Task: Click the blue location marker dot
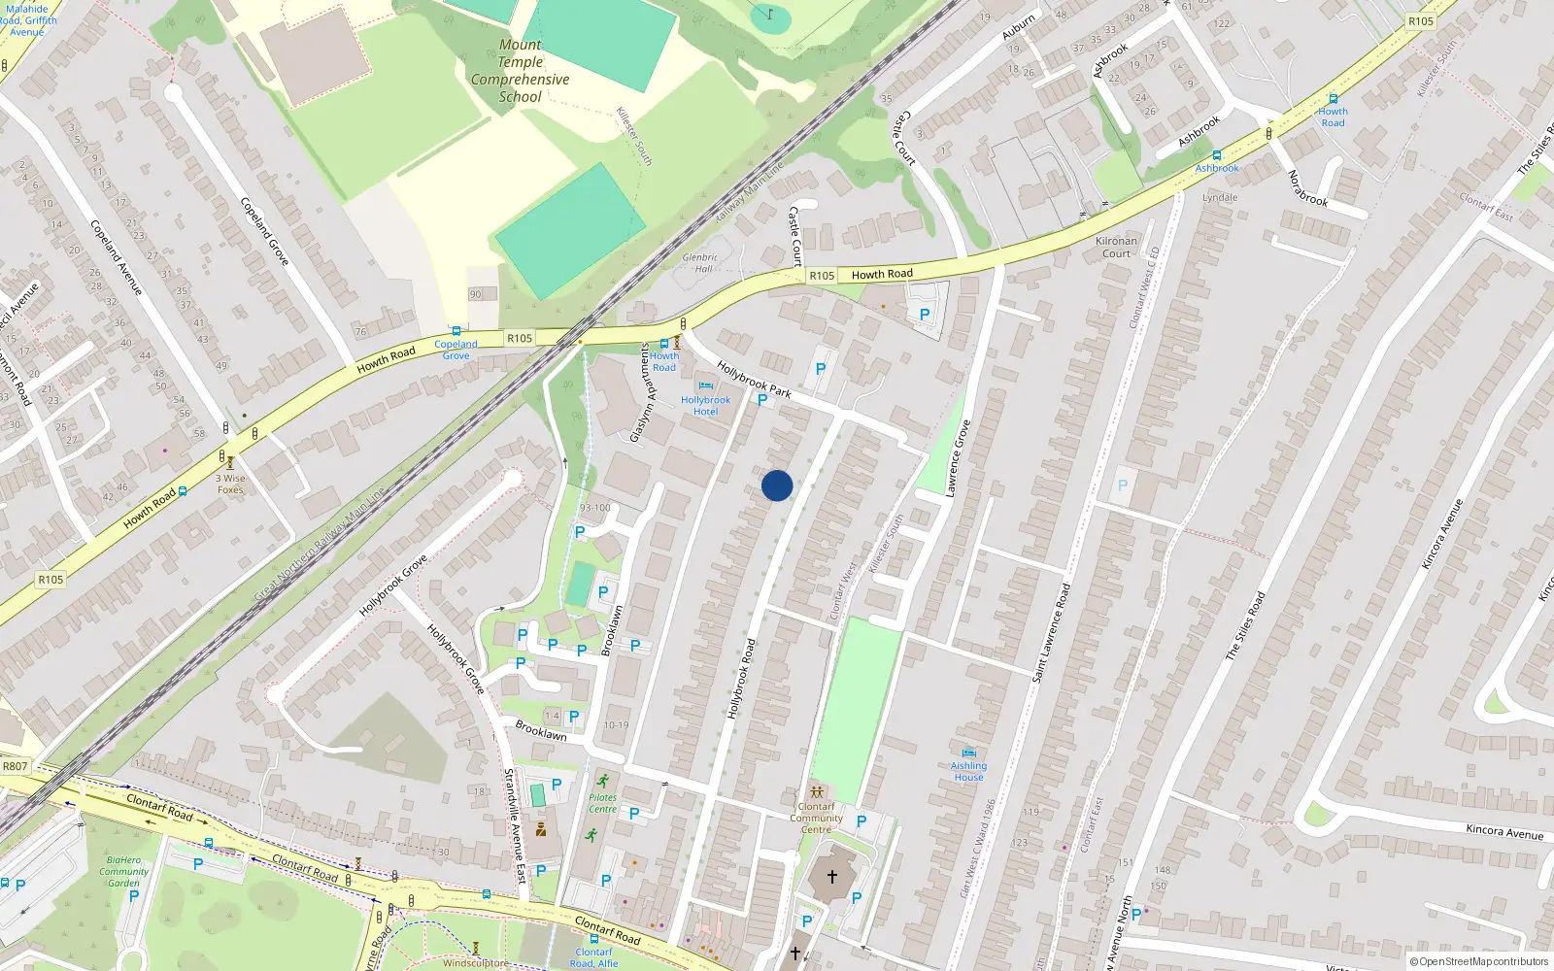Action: (777, 485)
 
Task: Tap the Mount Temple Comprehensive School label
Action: (521, 71)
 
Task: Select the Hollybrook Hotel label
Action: (705, 406)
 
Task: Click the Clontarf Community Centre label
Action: (816, 818)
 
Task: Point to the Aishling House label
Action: (968, 771)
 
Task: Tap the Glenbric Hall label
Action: (699, 263)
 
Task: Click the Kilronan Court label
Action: (1116, 247)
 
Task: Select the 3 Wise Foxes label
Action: (230, 484)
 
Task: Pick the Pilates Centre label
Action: (602, 803)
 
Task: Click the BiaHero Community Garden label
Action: (123, 871)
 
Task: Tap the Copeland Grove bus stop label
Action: (456, 350)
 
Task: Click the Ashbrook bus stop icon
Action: (1216, 155)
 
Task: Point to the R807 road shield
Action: (16, 766)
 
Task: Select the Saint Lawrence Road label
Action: (1052, 631)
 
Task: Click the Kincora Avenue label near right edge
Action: (1503, 831)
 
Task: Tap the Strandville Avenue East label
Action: (514, 825)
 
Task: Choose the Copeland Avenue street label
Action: (116, 257)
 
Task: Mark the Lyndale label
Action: (1220, 197)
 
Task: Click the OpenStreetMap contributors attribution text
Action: (1479, 961)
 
